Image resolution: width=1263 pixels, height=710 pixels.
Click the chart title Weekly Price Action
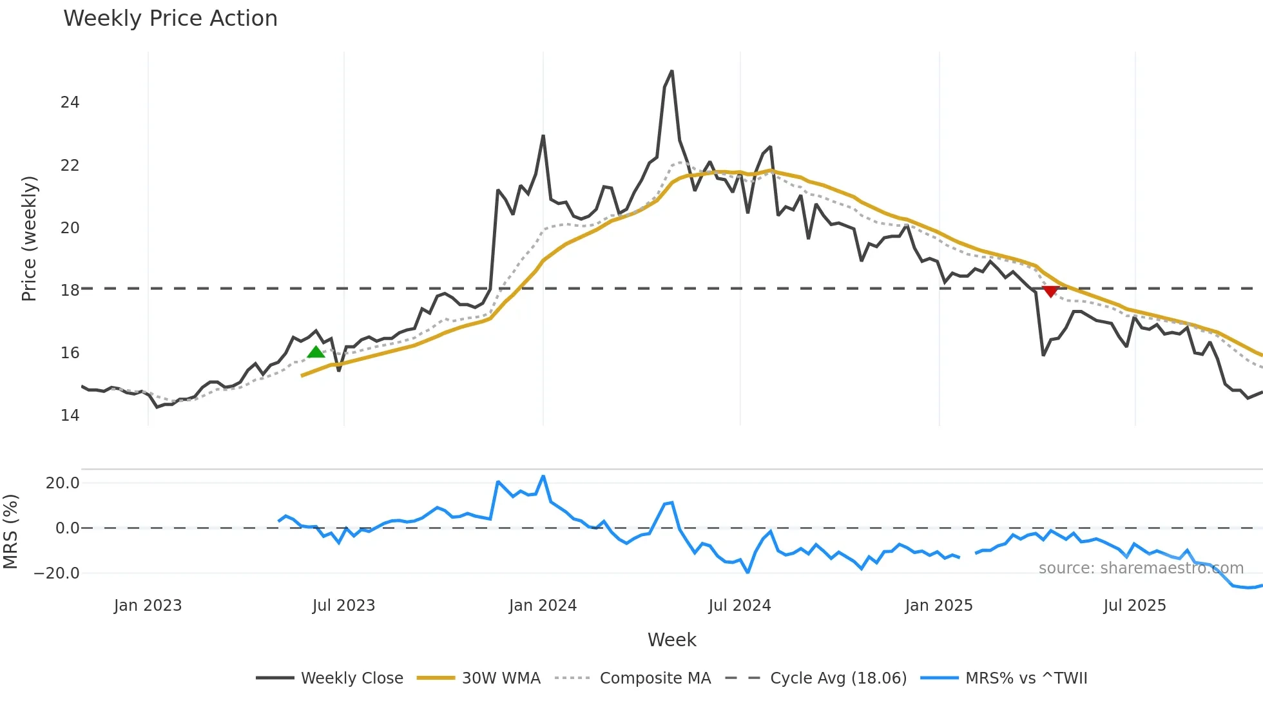pyautogui.click(x=170, y=19)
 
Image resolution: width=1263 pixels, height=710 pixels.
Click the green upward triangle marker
pyautogui.click(x=316, y=352)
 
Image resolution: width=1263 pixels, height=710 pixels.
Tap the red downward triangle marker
pyautogui.click(x=1050, y=292)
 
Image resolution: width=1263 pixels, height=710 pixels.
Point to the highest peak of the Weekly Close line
pyautogui.click(x=672, y=72)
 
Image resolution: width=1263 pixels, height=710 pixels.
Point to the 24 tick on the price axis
pyautogui.click(x=70, y=102)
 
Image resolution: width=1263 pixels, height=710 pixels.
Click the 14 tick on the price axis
pyautogui.click(x=70, y=416)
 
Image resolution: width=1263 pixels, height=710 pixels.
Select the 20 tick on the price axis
pyautogui.click(x=70, y=228)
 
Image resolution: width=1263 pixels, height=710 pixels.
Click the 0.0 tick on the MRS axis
pyautogui.click(x=67, y=528)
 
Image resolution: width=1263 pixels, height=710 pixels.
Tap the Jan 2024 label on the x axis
pyautogui.click(x=543, y=606)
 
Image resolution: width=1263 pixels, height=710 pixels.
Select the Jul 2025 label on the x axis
pyautogui.click(x=1134, y=606)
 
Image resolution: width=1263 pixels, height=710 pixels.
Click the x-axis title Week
pyautogui.click(x=671, y=640)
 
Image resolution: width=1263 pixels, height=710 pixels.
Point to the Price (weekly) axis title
pyautogui.click(x=29, y=238)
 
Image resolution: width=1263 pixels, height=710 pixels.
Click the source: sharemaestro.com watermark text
pyautogui.click(x=1141, y=568)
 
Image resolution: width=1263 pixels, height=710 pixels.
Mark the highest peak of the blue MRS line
pyautogui.click(x=543, y=477)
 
